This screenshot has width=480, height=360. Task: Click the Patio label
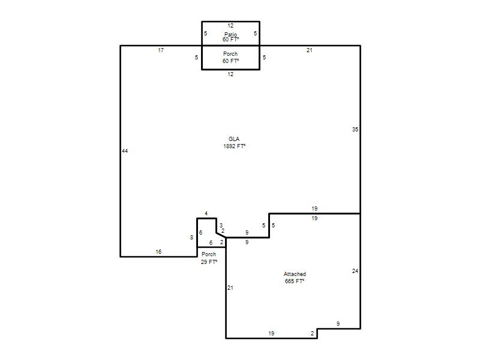231,34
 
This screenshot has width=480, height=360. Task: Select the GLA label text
234,139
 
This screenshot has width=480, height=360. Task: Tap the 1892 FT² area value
234,146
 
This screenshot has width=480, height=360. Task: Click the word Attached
295,274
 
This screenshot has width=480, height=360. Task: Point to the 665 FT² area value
295,281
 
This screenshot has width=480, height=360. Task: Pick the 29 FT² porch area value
209,262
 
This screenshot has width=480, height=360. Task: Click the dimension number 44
125,151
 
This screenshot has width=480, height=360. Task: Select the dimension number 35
355,130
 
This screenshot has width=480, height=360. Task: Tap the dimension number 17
161,50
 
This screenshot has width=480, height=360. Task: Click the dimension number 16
158,251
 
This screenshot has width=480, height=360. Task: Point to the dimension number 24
355,271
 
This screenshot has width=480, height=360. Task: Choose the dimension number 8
191,237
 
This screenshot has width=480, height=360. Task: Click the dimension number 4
206,214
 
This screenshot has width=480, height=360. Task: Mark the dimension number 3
221,226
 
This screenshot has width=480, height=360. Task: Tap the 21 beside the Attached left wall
230,288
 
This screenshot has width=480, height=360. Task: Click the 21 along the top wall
310,50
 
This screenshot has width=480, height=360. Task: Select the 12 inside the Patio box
230,26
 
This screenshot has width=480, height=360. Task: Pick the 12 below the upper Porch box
230,74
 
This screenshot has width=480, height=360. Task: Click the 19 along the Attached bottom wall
271,334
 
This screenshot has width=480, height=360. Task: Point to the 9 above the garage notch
338,323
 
